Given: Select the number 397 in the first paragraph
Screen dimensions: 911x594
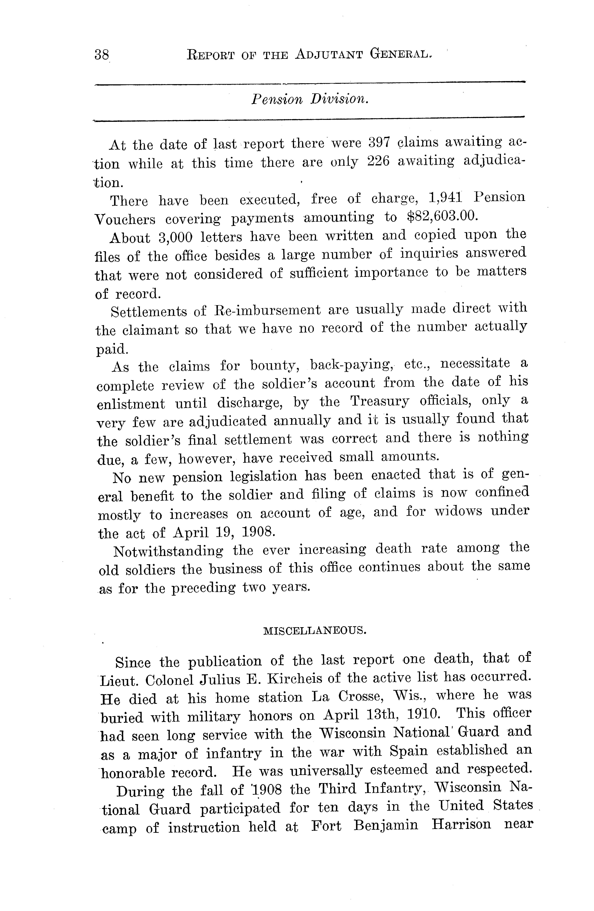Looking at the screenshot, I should pos(379,142).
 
